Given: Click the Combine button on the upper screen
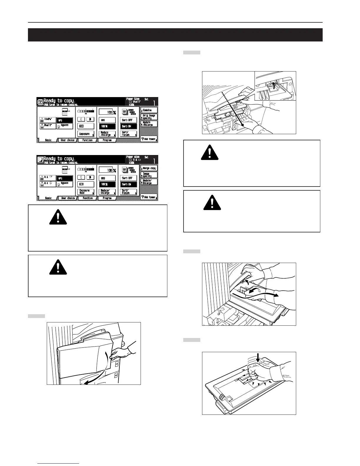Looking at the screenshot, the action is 149,110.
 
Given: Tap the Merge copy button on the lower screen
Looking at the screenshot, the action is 149,168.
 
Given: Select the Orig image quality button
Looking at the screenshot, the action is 149,117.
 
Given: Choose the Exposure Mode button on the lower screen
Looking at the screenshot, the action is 86,192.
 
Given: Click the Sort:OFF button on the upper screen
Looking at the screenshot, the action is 129,120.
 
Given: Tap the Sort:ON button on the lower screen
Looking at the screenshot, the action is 129,184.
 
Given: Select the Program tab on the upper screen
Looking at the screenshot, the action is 107,140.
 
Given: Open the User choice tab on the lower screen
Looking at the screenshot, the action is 67,198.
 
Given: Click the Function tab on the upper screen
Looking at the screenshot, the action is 87,140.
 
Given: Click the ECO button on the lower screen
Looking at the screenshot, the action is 86,184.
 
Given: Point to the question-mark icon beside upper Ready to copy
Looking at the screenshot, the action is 41,102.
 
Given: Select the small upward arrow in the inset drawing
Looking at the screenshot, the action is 274,86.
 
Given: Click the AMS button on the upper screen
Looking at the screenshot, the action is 107,120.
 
